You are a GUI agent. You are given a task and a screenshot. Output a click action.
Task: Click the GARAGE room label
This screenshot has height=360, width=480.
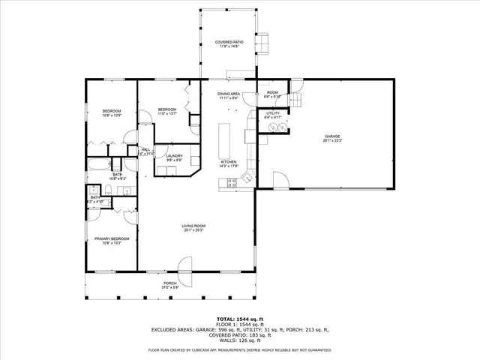tap(332, 136)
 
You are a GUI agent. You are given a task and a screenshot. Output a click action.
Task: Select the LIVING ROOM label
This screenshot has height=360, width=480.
tap(193, 226)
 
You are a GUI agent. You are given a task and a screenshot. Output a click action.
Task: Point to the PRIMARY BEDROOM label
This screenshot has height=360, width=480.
tap(108, 238)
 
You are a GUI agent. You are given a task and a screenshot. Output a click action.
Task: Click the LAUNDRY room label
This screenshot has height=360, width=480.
tap(174, 155)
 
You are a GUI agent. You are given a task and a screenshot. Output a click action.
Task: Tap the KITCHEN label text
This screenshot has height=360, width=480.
tap(228, 162)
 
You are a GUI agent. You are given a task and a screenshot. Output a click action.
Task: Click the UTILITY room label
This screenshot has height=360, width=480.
tap(272, 113)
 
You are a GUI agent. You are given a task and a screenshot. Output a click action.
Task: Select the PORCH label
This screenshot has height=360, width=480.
tap(171, 283)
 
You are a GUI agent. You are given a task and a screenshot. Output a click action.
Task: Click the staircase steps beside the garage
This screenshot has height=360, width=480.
tap(297, 102)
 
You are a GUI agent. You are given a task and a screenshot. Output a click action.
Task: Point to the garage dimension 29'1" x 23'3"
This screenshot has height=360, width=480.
tap(332, 140)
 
